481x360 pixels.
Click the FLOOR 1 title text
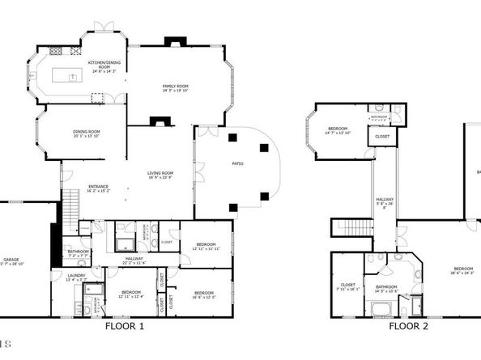(125, 327)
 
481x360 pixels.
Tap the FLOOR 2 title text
(407, 327)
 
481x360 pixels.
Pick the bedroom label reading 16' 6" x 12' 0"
(203, 294)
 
